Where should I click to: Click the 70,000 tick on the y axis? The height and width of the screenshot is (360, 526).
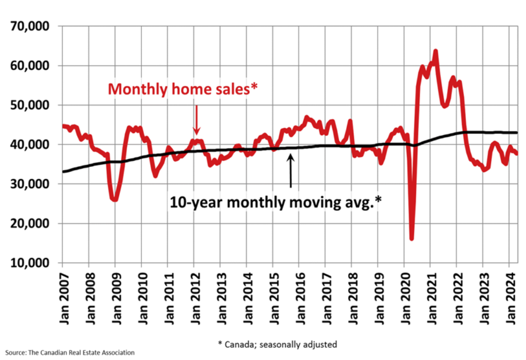click(x=30, y=26)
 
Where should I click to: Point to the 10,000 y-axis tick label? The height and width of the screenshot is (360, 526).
click(x=30, y=263)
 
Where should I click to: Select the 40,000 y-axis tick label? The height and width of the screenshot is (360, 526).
click(x=30, y=145)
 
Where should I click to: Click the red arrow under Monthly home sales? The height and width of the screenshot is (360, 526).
click(x=196, y=119)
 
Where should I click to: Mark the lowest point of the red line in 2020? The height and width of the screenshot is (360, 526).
click(x=412, y=239)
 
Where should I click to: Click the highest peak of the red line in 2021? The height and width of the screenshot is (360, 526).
click(x=435, y=51)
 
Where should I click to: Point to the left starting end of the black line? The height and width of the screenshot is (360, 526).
click(x=63, y=172)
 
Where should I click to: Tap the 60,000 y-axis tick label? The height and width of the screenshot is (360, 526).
click(x=30, y=66)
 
